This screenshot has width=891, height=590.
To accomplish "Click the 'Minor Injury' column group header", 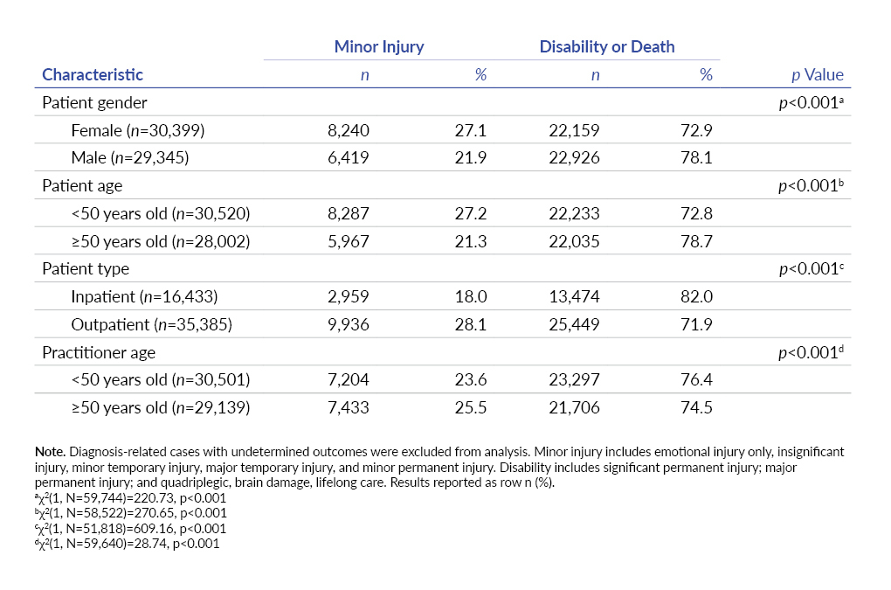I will pos(379,47).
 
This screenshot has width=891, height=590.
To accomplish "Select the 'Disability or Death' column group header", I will pos(606,47).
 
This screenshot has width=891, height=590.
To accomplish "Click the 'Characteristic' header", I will pos(93,75).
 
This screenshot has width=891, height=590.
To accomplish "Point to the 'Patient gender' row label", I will pos(95,103).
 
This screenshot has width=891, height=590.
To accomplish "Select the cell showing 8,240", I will pos(349,131).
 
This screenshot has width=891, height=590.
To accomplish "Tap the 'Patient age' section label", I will pos(82,186).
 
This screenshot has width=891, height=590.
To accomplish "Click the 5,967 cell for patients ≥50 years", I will pos(349,242).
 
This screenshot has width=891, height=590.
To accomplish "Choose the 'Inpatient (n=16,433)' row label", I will pos(143,298).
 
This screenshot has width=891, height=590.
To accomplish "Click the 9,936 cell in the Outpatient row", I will pos(349,326).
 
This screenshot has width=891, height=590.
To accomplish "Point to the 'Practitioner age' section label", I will pos(99,353).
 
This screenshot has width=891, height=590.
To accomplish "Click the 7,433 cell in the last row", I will pos(349,409).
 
